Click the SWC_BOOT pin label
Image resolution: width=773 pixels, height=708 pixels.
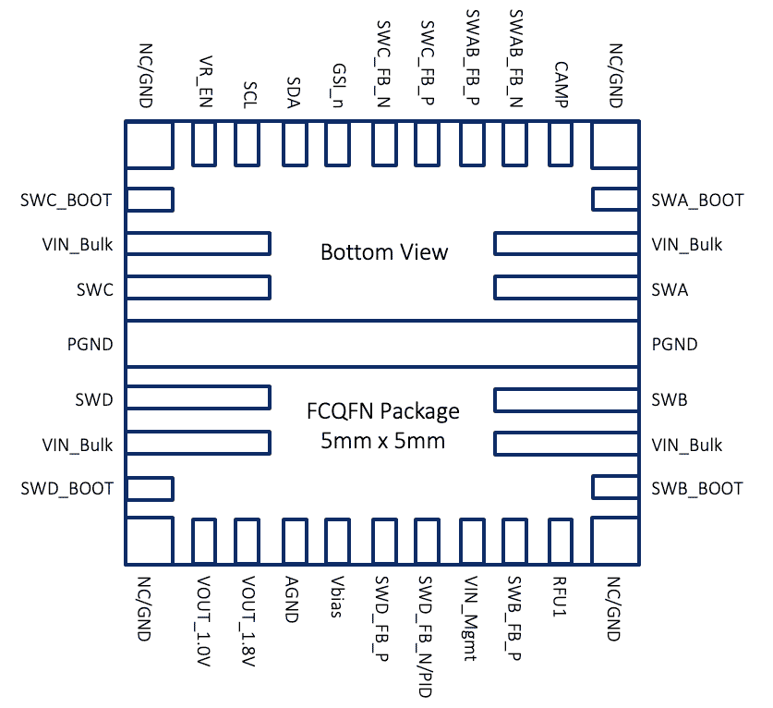click(x=66, y=200)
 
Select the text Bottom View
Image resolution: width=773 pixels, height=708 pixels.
click(x=384, y=252)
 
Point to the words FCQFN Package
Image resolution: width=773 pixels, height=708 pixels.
click(x=382, y=411)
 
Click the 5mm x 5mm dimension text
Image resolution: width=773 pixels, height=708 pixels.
click(x=382, y=441)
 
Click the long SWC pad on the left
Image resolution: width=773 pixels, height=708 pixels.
click(x=198, y=287)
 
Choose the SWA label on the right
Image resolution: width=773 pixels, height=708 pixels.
click(x=670, y=289)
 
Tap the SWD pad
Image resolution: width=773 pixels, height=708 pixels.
click(x=198, y=398)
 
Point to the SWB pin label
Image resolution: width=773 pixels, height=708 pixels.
click(x=670, y=400)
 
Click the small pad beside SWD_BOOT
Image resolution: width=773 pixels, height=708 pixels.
click(x=150, y=488)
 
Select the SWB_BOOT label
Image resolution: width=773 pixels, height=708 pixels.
click(x=697, y=488)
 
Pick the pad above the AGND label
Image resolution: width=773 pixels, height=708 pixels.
click(x=294, y=542)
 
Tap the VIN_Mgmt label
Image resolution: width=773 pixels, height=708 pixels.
click(x=473, y=619)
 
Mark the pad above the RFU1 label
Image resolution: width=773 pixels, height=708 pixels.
click(x=562, y=542)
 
